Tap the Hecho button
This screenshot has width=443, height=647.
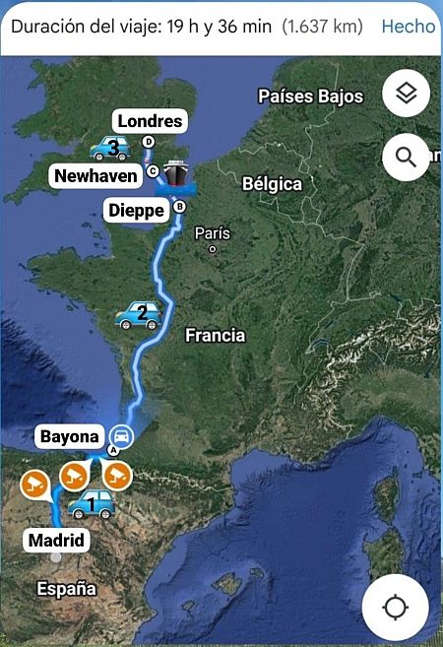click(x=408, y=27)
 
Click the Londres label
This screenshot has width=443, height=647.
click(x=150, y=121)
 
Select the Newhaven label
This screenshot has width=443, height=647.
click(x=96, y=175)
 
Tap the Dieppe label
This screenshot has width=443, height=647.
click(x=135, y=209)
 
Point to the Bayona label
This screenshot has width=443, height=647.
click(x=69, y=435)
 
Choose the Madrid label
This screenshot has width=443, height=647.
click(x=56, y=540)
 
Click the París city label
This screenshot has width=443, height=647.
click(x=213, y=233)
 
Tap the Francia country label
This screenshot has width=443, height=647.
click(x=215, y=336)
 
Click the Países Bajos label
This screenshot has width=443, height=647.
click(x=310, y=96)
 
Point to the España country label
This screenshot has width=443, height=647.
click(x=66, y=589)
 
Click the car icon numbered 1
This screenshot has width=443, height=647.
click(x=91, y=505)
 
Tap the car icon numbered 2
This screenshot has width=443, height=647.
click(x=138, y=315)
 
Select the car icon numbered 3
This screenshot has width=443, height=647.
click(x=110, y=149)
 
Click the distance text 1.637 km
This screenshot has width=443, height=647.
click(x=322, y=27)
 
